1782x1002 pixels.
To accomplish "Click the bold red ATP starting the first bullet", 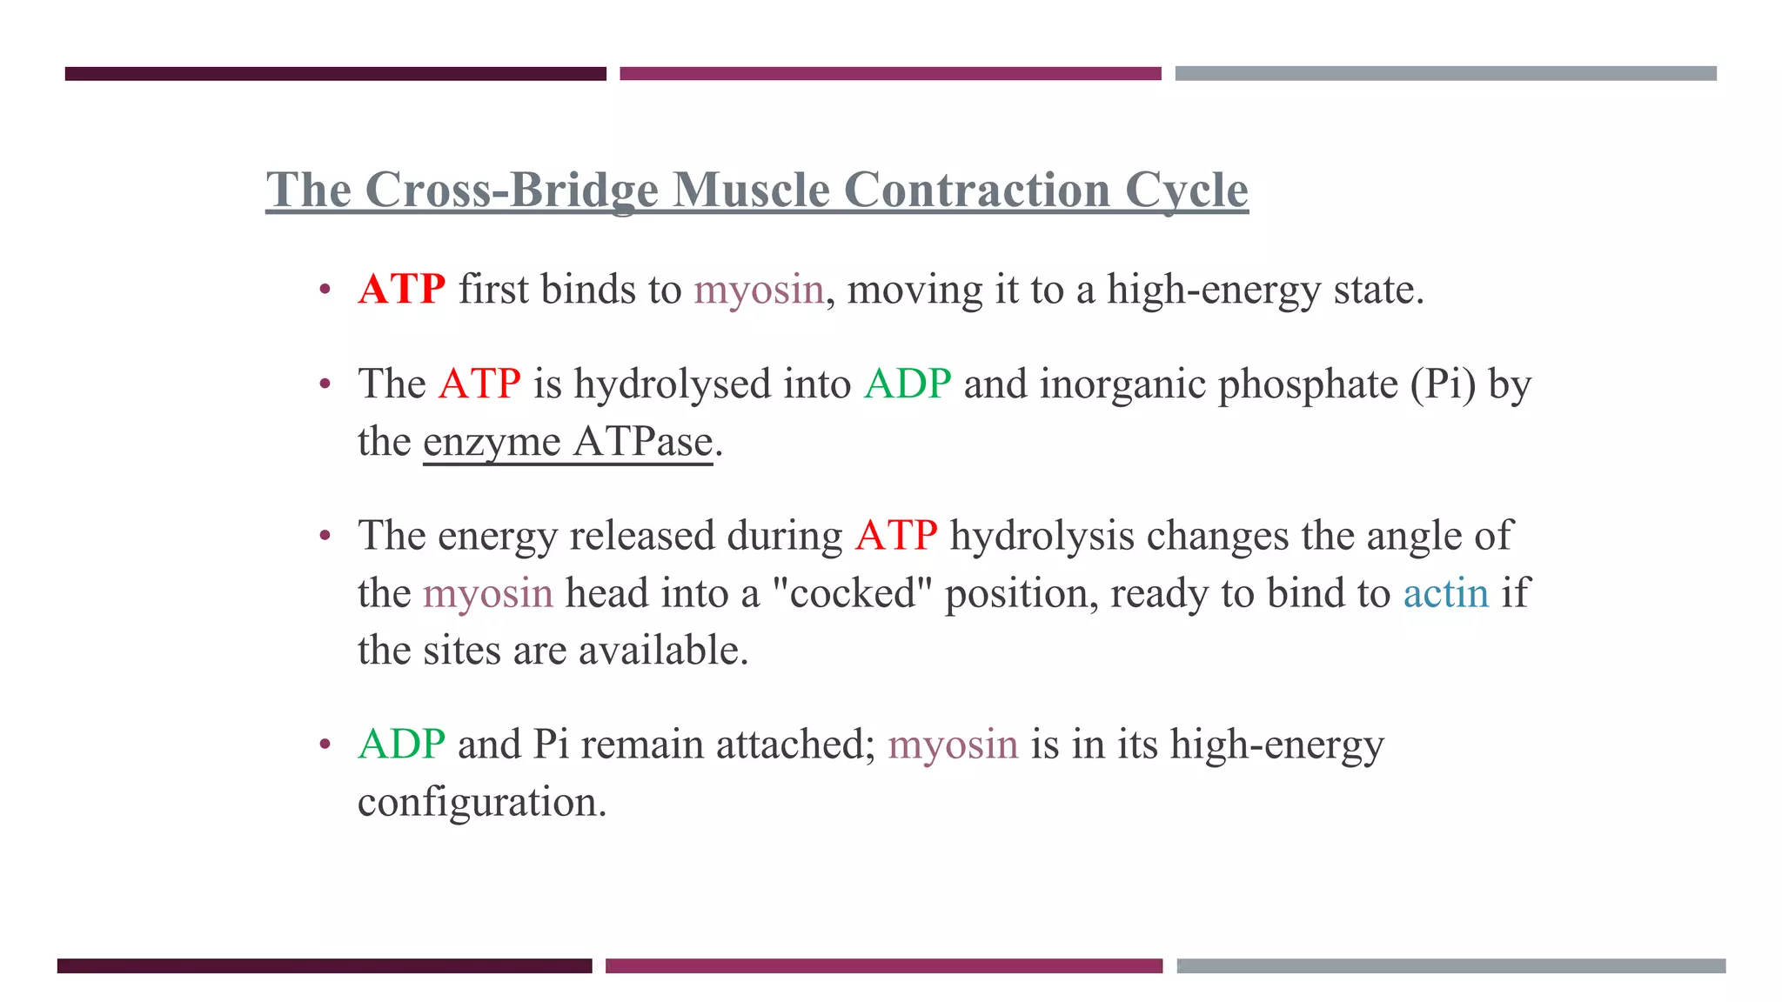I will (x=401, y=289).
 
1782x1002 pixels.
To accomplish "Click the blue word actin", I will (x=1446, y=593).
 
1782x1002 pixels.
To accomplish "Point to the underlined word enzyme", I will (x=492, y=442).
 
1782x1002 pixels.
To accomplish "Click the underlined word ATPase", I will (x=643, y=442).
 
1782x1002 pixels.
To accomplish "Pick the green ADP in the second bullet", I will (x=908, y=384).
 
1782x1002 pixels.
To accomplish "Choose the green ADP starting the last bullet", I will (x=401, y=745).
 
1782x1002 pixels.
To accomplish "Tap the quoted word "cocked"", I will (x=853, y=593).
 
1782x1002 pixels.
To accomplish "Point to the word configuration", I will (x=481, y=802).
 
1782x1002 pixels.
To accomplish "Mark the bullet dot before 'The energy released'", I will (x=325, y=535).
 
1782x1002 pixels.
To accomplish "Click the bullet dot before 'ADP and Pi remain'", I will (x=325, y=745).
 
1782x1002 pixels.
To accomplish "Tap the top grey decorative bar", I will (x=1445, y=74).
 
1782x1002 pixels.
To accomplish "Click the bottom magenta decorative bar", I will (x=883, y=965).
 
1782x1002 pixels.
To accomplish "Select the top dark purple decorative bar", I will (x=335, y=74).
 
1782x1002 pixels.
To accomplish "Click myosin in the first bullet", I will (x=759, y=289).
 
